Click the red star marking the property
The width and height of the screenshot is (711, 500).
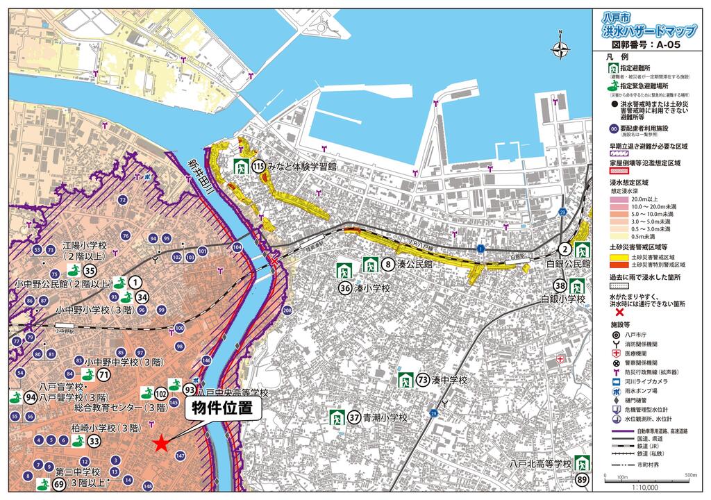(161, 443)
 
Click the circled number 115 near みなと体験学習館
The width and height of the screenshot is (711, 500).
(259, 167)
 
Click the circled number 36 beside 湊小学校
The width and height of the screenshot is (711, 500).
(344, 287)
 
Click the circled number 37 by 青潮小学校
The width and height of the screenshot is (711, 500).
(354, 417)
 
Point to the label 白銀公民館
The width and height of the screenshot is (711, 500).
(567, 265)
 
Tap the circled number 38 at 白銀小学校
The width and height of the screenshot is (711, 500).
(560, 285)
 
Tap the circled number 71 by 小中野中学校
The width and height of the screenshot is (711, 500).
(104, 376)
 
